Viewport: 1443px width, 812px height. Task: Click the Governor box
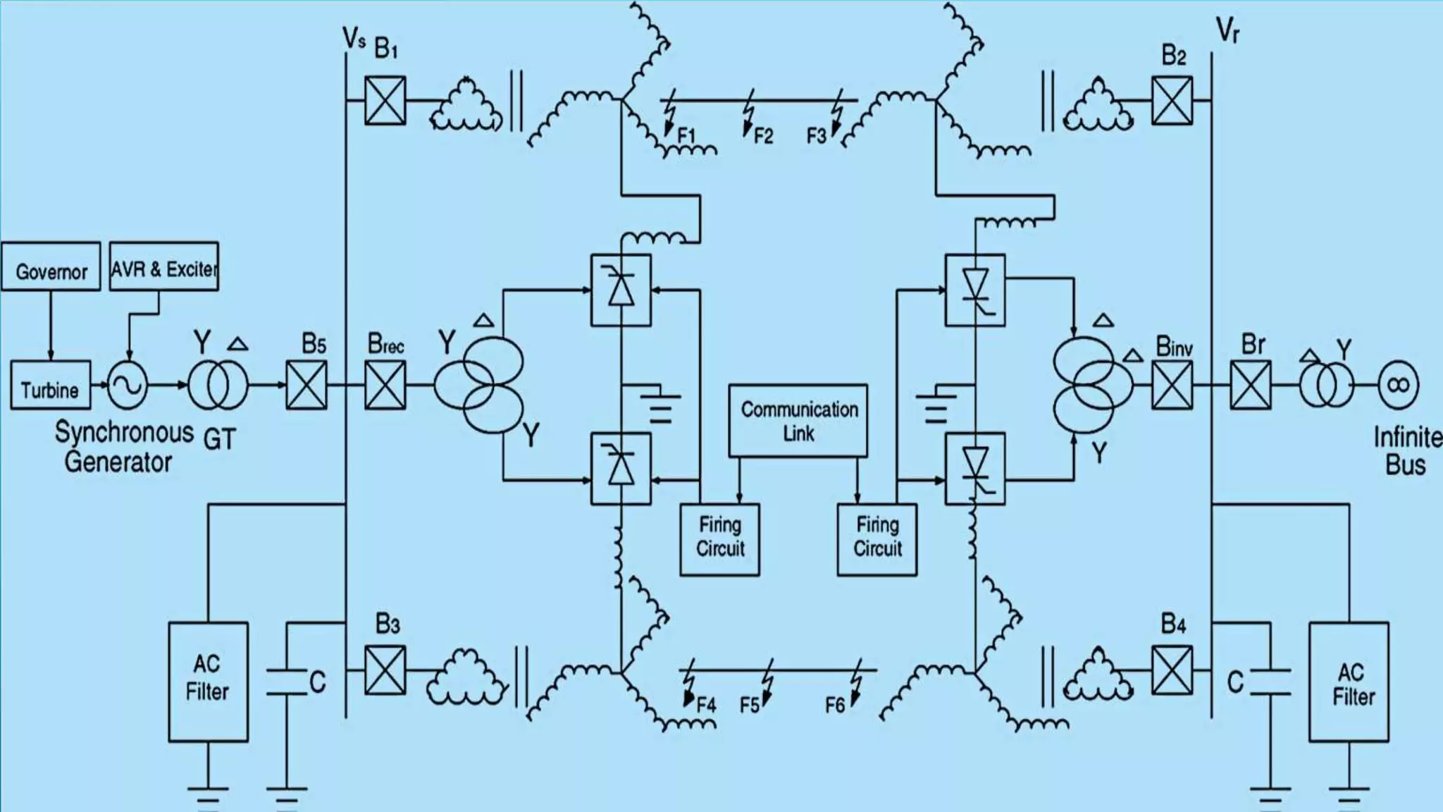pos(51,266)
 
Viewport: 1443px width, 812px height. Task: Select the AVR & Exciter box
pos(163,266)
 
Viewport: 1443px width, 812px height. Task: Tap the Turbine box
pos(50,386)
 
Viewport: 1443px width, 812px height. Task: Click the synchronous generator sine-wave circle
pos(128,386)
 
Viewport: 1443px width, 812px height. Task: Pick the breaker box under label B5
pos(306,386)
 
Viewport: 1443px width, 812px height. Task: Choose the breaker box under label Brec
pos(385,386)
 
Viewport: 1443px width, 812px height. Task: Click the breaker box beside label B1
pos(385,101)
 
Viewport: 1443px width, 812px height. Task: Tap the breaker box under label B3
pos(385,670)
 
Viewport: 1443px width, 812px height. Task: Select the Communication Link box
pos(798,421)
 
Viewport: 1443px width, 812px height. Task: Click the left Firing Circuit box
pos(719,539)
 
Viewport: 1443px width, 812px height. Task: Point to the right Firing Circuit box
pos(877,539)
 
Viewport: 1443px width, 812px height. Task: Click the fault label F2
pos(763,135)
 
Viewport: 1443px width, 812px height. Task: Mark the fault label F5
pos(750,705)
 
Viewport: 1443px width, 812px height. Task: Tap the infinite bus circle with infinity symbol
pos(1398,385)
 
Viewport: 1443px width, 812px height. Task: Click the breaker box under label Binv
pos(1172,386)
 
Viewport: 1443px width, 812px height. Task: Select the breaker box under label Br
pos(1251,386)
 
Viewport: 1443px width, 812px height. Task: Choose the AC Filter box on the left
pos(208,682)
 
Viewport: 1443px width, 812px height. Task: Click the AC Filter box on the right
pos(1349,682)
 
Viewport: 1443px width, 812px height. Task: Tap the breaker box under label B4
pos(1172,670)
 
